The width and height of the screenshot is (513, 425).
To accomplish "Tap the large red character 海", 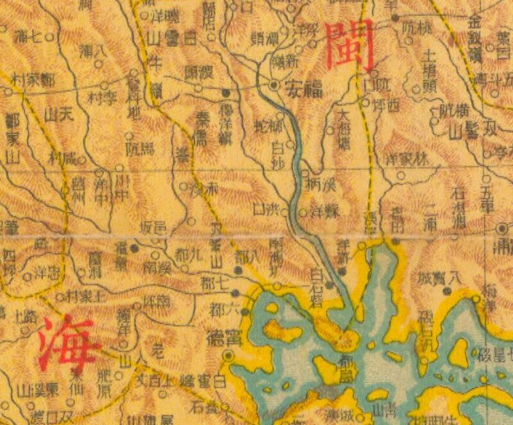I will tap(68, 342).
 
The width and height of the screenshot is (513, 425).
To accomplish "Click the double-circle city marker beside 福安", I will tap(274, 85).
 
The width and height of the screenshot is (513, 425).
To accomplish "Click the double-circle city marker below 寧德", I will tap(228, 354).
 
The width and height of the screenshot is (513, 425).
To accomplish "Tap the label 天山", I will tap(55, 116).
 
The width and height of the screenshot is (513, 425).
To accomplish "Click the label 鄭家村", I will tap(35, 79).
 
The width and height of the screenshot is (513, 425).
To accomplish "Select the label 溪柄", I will tap(321, 186).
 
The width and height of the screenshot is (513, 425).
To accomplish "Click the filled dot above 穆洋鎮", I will tap(225, 91).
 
